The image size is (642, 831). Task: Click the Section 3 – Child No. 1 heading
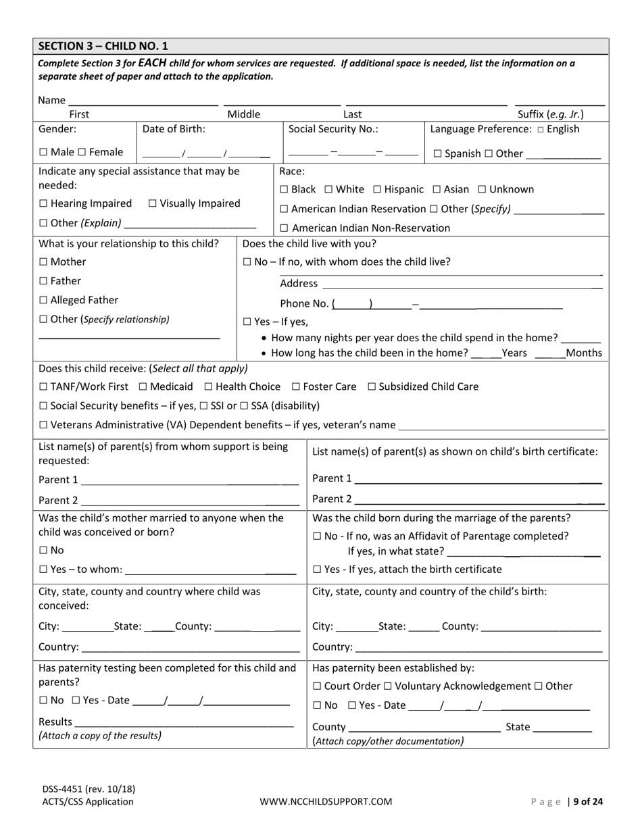[103, 46]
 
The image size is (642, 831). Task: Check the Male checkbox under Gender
[43, 153]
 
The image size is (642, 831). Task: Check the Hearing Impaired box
[43, 203]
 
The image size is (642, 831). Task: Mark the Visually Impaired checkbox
[152, 203]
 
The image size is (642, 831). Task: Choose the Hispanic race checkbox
[377, 190]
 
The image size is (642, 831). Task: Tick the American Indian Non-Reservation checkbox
[284, 228]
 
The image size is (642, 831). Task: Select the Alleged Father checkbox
[43, 300]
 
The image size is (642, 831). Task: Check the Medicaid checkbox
[143, 387]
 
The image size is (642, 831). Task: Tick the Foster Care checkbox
[296, 387]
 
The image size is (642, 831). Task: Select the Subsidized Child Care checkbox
[372, 387]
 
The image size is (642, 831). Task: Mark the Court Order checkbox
[318, 686]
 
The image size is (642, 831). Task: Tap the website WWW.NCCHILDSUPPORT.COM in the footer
[326, 802]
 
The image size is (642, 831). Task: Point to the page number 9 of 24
[585, 802]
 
